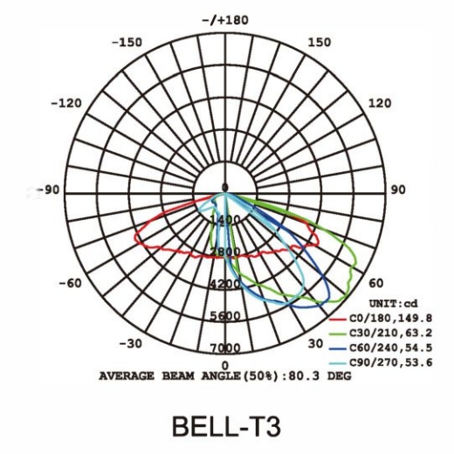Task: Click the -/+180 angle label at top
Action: (x=225, y=20)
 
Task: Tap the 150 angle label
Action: (x=320, y=43)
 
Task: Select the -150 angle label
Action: (x=127, y=43)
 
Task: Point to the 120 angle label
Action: (x=380, y=103)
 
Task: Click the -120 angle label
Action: (x=66, y=103)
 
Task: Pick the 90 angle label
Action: (x=397, y=189)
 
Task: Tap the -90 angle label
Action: (x=48, y=189)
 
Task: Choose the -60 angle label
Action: (x=70, y=283)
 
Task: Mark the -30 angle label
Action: (x=131, y=344)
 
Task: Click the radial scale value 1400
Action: (x=225, y=219)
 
